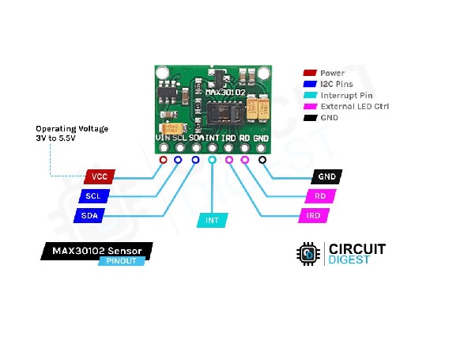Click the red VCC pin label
pyautogui.click(x=100, y=176)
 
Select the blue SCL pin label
pyautogui.click(x=94, y=196)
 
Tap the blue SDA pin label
pyautogui.click(x=89, y=215)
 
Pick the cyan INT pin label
pyautogui.click(x=212, y=220)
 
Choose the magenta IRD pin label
pyautogui.click(x=314, y=215)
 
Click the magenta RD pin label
pyautogui.click(x=320, y=196)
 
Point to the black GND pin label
pyautogui.click(x=326, y=176)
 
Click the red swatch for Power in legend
pyautogui.click(x=310, y=73)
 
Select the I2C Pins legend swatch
pyautogui.click(x=310, y=84)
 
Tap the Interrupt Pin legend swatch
pyautogui.click(x=310, y=95)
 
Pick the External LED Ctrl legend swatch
pyautogui.click(x=310, y=106)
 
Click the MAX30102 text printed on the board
pyautogui.click(x=225, y=93)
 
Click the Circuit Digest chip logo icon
pyautogui.click(x=308, y=254)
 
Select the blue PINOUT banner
pyautogui.click(x=122, y=261)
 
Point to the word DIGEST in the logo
pyautogui.click(x=349, y=260)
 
